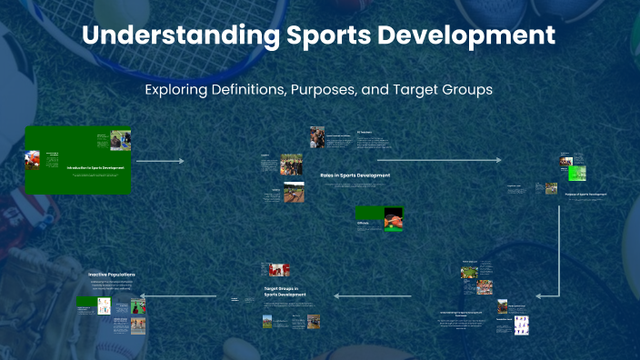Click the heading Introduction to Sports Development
(95, 168)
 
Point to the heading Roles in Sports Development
(355, 175)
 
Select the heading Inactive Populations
(112, 274)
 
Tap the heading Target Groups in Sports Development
(285, 291)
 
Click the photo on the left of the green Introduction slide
(33, 160)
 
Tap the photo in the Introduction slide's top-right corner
(120, 140)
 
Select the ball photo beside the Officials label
(393, 219)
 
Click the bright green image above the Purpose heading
(576, 173)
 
